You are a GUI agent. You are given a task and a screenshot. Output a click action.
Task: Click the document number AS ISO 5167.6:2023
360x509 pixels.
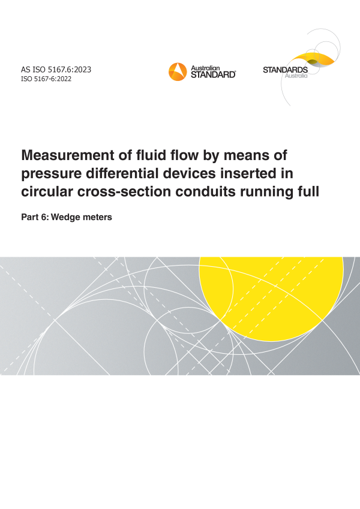(56, 70)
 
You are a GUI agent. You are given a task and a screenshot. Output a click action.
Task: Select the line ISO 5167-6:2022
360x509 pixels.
(46, 79)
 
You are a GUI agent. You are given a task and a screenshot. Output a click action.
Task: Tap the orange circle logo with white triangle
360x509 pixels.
(178, 72)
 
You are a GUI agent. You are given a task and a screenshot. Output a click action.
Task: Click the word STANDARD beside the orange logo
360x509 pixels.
(213, 75)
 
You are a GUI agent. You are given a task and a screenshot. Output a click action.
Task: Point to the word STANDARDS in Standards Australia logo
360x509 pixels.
(285, 70)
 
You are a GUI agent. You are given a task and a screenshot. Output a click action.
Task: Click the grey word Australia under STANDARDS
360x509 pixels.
(296, 76)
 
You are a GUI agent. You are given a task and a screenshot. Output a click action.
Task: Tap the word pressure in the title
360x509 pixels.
(52, 174)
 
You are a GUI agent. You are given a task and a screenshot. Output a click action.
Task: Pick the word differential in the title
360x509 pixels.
(122, 173)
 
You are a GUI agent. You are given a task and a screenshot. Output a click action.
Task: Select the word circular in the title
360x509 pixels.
(47, 191)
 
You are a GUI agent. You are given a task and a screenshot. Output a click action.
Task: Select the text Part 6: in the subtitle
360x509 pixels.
(35, 217)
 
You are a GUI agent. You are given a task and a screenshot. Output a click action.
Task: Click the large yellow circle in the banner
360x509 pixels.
(271, 298)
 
